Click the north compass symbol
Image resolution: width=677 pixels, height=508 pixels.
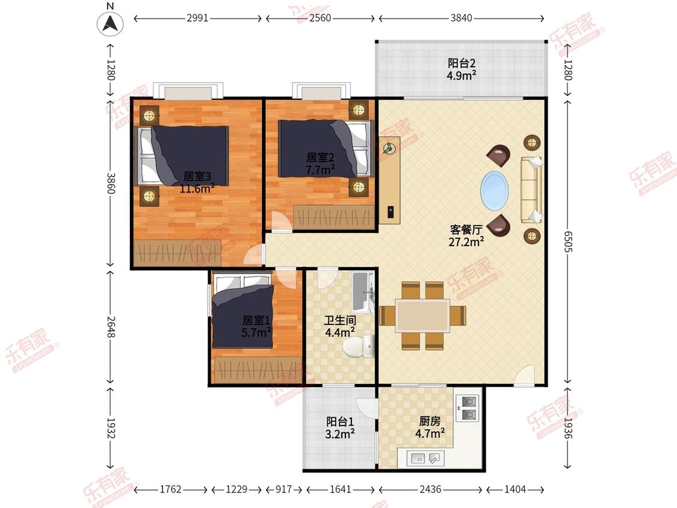(x=110, y=23)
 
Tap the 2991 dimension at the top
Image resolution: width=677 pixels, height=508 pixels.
(x=197, y=18)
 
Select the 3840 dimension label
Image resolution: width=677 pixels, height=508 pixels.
(x=461, y=18)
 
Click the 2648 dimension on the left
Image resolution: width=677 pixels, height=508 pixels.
(x=111, y=327)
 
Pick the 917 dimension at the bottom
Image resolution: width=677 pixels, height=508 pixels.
(x=283, y=489)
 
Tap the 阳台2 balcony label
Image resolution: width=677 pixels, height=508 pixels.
(x=462, y=63)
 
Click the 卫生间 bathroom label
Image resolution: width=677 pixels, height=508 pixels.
(x=340, y=320)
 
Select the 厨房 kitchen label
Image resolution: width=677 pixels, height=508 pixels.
(x=430, y=420)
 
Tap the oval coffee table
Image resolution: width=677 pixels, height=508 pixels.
(x=495, y=191)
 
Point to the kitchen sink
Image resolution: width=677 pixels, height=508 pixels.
(x=425, y=458)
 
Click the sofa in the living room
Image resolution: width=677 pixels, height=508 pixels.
(x=531, y=190)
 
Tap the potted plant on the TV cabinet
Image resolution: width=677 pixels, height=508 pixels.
(x=389, y=148)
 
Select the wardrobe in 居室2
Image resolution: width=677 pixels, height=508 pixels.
(x=334, y=217)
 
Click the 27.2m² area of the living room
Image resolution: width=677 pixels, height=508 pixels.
(x=466, y=241)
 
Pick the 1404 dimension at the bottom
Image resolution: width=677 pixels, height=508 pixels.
(x=515, y=489)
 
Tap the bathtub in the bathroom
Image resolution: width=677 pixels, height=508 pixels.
(x=362, y=292)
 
